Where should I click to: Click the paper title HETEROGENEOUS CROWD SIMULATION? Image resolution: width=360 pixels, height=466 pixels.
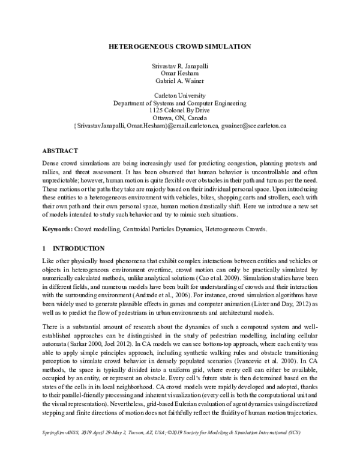(x=180, y=46)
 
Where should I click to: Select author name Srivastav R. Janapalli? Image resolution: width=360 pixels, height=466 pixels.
(x=180, y=64)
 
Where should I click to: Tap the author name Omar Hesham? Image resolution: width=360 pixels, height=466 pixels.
(x=180, y=72)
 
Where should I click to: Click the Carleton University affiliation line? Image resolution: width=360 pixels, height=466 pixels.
(x=180, y=95)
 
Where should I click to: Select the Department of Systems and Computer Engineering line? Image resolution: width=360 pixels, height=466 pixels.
(x=180, y=103)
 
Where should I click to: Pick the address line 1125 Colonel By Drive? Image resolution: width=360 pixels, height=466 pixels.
(x=180, y=110)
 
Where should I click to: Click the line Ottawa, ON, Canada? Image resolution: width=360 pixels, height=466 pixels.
(x=180, y=118)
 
